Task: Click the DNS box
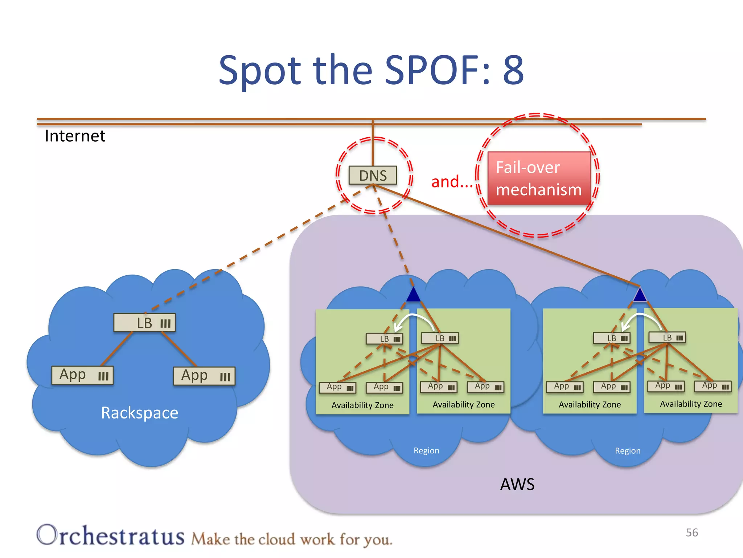point(373,175)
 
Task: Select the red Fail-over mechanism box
point(539,178)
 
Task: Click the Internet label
point(75,136)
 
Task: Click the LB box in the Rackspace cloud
point(144,323)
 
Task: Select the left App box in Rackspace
point(82,375)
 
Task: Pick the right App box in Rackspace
point(204,376)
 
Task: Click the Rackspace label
point(140,413)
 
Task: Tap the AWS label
point(517,484)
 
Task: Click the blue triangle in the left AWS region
point(413,295)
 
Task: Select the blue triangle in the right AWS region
point(640,295)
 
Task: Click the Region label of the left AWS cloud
point(426,450)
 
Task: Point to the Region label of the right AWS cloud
point(628,451)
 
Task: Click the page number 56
point(692,533)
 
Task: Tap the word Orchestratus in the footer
point(111,535)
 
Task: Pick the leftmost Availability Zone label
point(362,405)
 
